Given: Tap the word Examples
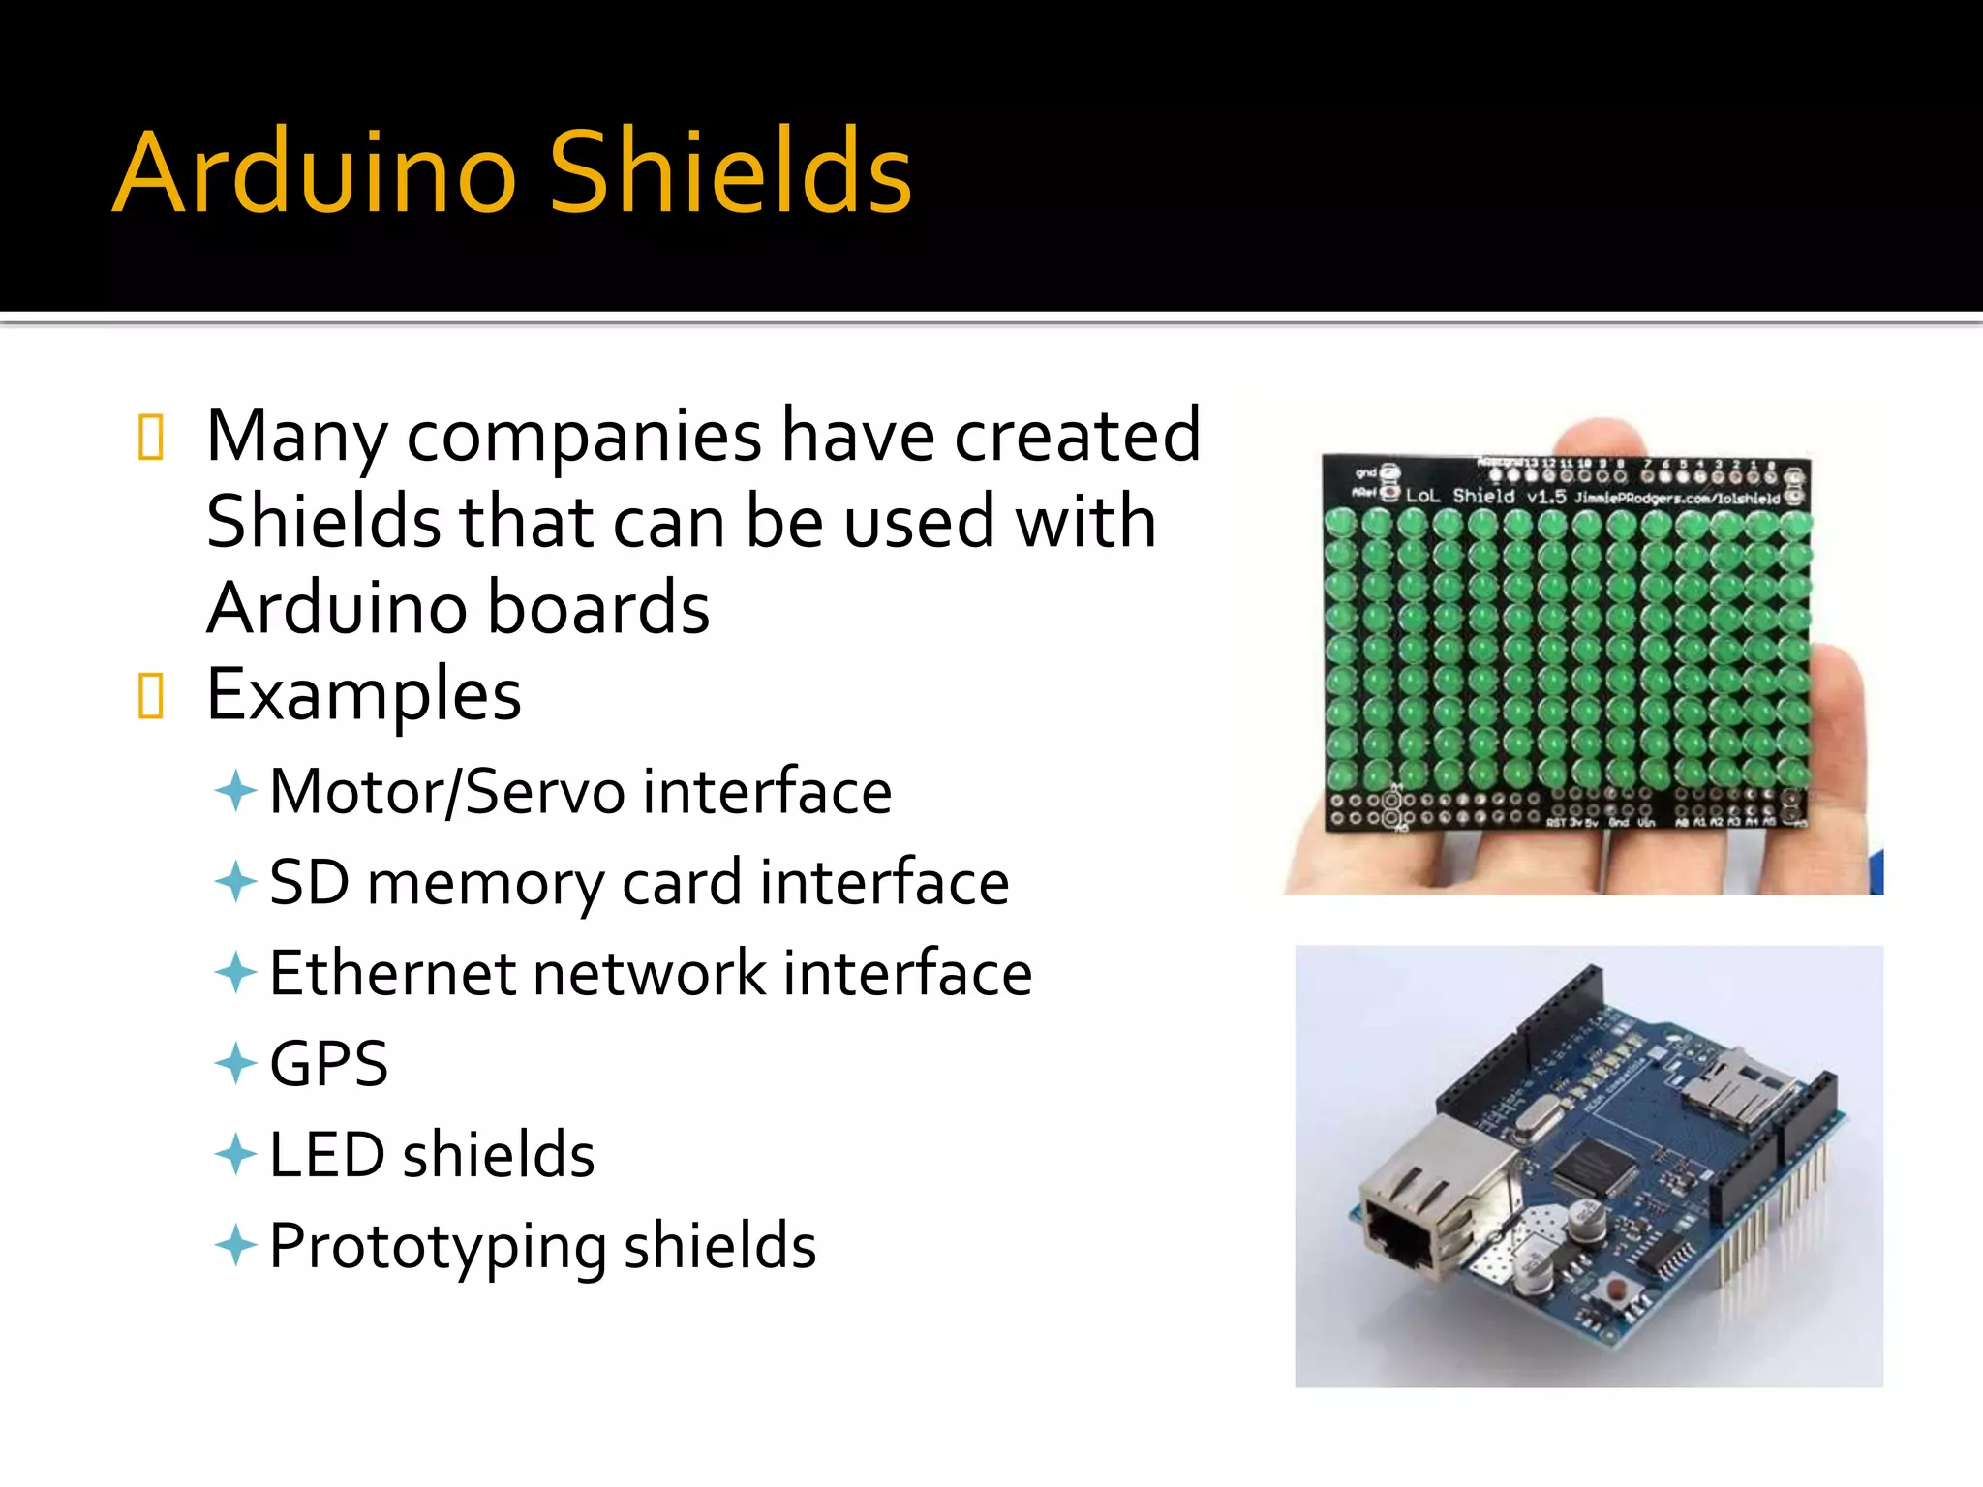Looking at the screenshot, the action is coord(364,694).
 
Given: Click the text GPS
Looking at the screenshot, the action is coord(328,1064).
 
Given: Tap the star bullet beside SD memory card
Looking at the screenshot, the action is coord(235,882).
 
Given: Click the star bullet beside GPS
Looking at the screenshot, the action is coord(235,1064).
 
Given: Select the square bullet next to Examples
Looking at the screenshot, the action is coord(151,696).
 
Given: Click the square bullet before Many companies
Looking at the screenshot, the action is coord(151,437).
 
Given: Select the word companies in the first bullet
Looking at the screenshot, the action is coord(584,437).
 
